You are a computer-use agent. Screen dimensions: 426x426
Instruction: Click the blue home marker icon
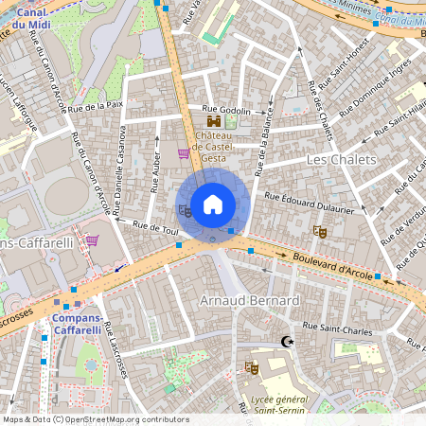point(213,204)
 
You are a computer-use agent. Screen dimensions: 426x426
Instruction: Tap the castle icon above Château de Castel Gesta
point(214,121)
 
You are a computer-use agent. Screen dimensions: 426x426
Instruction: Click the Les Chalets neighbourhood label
point(342,160)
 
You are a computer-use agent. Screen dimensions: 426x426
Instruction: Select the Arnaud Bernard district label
point(250,301)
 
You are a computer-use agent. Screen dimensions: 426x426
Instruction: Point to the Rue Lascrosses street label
point(117,351)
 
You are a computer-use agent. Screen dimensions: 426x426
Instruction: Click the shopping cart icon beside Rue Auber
point(184,153)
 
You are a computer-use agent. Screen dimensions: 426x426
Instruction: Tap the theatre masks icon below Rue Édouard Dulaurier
point(320,230)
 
